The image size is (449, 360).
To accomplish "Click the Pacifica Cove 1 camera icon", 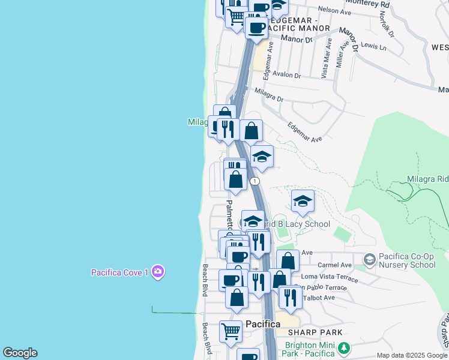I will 158,272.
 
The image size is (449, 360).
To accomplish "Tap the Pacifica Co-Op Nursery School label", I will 408,260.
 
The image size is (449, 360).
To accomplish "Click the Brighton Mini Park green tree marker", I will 343,348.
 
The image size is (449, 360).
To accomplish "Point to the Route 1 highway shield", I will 256,181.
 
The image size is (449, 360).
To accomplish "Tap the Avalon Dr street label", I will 286,75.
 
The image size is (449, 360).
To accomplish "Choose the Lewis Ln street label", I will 373,46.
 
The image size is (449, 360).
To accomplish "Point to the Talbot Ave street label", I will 321,298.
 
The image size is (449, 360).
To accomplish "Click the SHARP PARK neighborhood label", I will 315,332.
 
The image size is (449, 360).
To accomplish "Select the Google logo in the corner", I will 20,353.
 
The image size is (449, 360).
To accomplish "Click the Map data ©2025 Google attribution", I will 412,355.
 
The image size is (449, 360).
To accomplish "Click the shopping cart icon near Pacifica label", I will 231,331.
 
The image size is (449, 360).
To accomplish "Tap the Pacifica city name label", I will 263,324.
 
